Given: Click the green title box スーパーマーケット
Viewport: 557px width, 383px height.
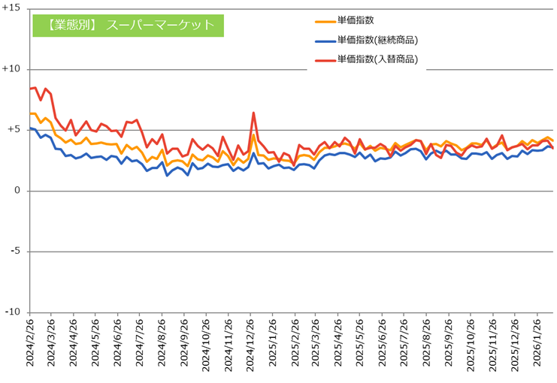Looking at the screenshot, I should [x=129, y=25].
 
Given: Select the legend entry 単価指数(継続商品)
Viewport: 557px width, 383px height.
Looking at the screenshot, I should [x=377, y=41].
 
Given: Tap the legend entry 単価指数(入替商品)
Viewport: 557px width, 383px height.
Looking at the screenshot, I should [x=377, y=59].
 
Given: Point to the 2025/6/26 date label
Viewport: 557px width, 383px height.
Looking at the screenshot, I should [x=387, y=345].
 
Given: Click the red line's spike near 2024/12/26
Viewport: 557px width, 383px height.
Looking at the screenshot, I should [x=254, y=113].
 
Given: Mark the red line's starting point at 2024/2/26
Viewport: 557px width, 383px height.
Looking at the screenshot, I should [x=30, y=89].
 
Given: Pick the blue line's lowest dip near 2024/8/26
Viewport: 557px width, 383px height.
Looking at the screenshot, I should [x=167, y=175].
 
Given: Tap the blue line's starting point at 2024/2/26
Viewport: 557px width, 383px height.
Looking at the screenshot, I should [x=30, y=128].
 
